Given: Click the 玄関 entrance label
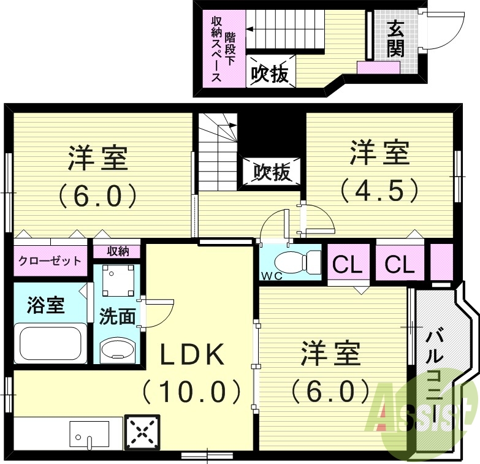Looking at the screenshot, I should tap(395, 37).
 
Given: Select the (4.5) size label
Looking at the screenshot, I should tap(380, 189).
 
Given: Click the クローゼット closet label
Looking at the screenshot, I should tap(49, 261).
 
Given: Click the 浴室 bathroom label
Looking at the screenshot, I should tap(45, 305).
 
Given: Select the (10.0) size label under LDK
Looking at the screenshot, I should tap(192, 390).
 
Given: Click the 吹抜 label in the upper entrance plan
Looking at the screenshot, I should tap(270, 74).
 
